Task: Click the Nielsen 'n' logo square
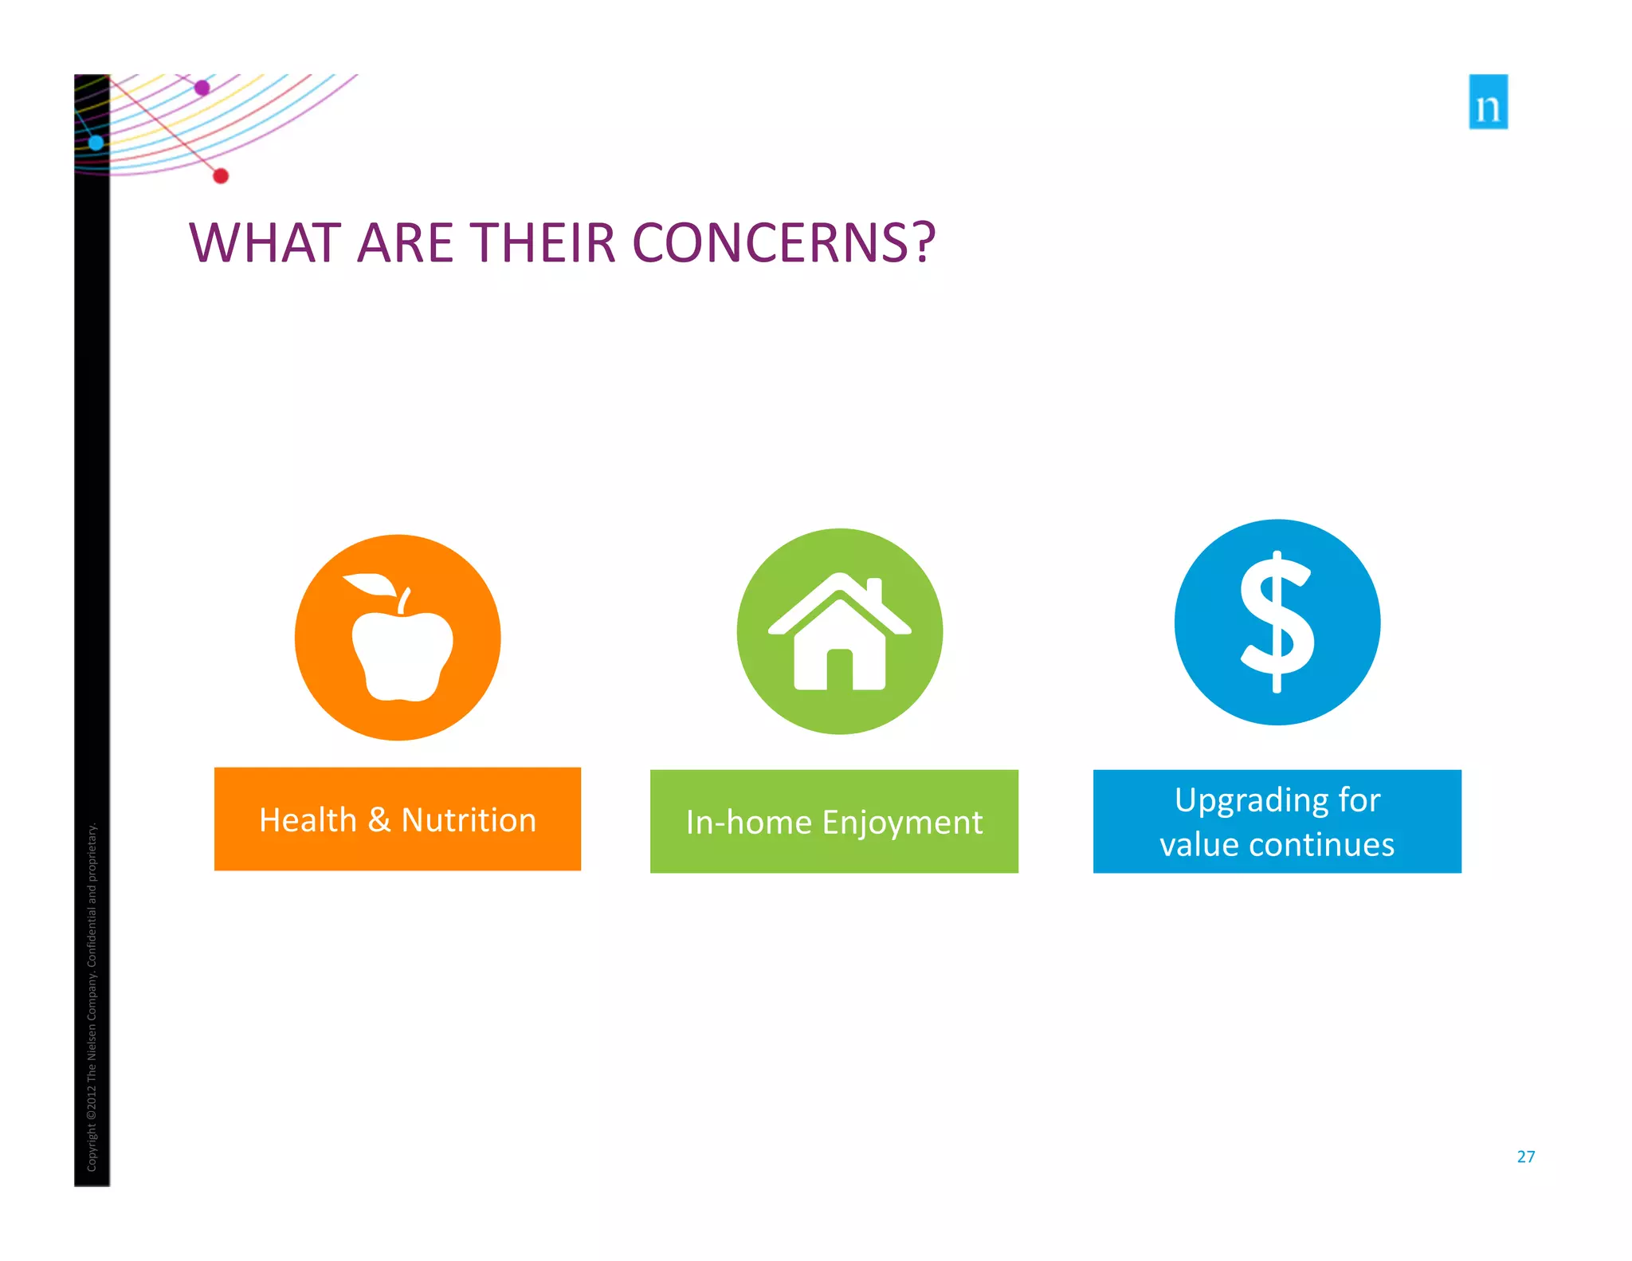click(1488, 102)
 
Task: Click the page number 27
click(1525, 1157)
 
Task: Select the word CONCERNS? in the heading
click(783, 243)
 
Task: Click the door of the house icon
click(839, 670)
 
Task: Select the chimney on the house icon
click(873, 590)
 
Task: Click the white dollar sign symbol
click(1277, 622)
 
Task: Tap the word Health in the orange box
click(308, 820)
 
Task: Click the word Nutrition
click(469, 820)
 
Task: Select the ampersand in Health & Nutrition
click(379, 820)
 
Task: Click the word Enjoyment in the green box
click(902, 823)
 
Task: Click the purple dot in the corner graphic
click(202, 88)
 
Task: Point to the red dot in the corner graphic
click(221, 176)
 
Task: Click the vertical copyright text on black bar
click(92, 996)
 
